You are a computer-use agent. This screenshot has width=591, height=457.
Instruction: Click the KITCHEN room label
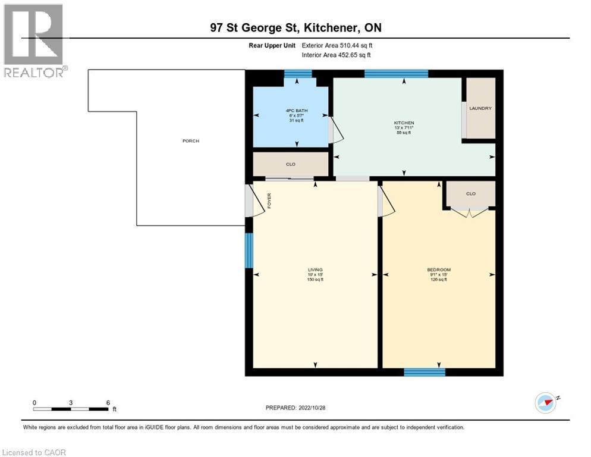click(x=404, y=123)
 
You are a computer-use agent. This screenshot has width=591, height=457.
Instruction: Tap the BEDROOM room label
click(x=439, y=270)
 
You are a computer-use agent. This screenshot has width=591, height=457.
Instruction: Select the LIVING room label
click(x=315, y=270)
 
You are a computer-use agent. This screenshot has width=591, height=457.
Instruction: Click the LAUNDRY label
click(x=480, y=108)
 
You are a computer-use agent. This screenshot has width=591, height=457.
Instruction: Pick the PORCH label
click(x=191, y=141)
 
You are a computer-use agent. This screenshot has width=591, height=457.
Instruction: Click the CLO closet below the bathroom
click(x=291, y=164)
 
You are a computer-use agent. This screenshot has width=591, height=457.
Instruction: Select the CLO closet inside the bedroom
click(x=470, y=193)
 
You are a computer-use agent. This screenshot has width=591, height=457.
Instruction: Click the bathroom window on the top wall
click(x=298, y=74)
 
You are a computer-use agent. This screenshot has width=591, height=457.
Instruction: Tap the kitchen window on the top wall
click(x=396, y=74)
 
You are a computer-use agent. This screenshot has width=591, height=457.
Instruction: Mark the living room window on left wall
click(x=249, y=251)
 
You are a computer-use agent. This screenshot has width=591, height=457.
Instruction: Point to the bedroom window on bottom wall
click(x=425, y=372)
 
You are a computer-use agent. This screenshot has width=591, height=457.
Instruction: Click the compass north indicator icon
click(x=545, y=403)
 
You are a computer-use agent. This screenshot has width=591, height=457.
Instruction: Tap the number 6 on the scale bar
click(x=108, y=403)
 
